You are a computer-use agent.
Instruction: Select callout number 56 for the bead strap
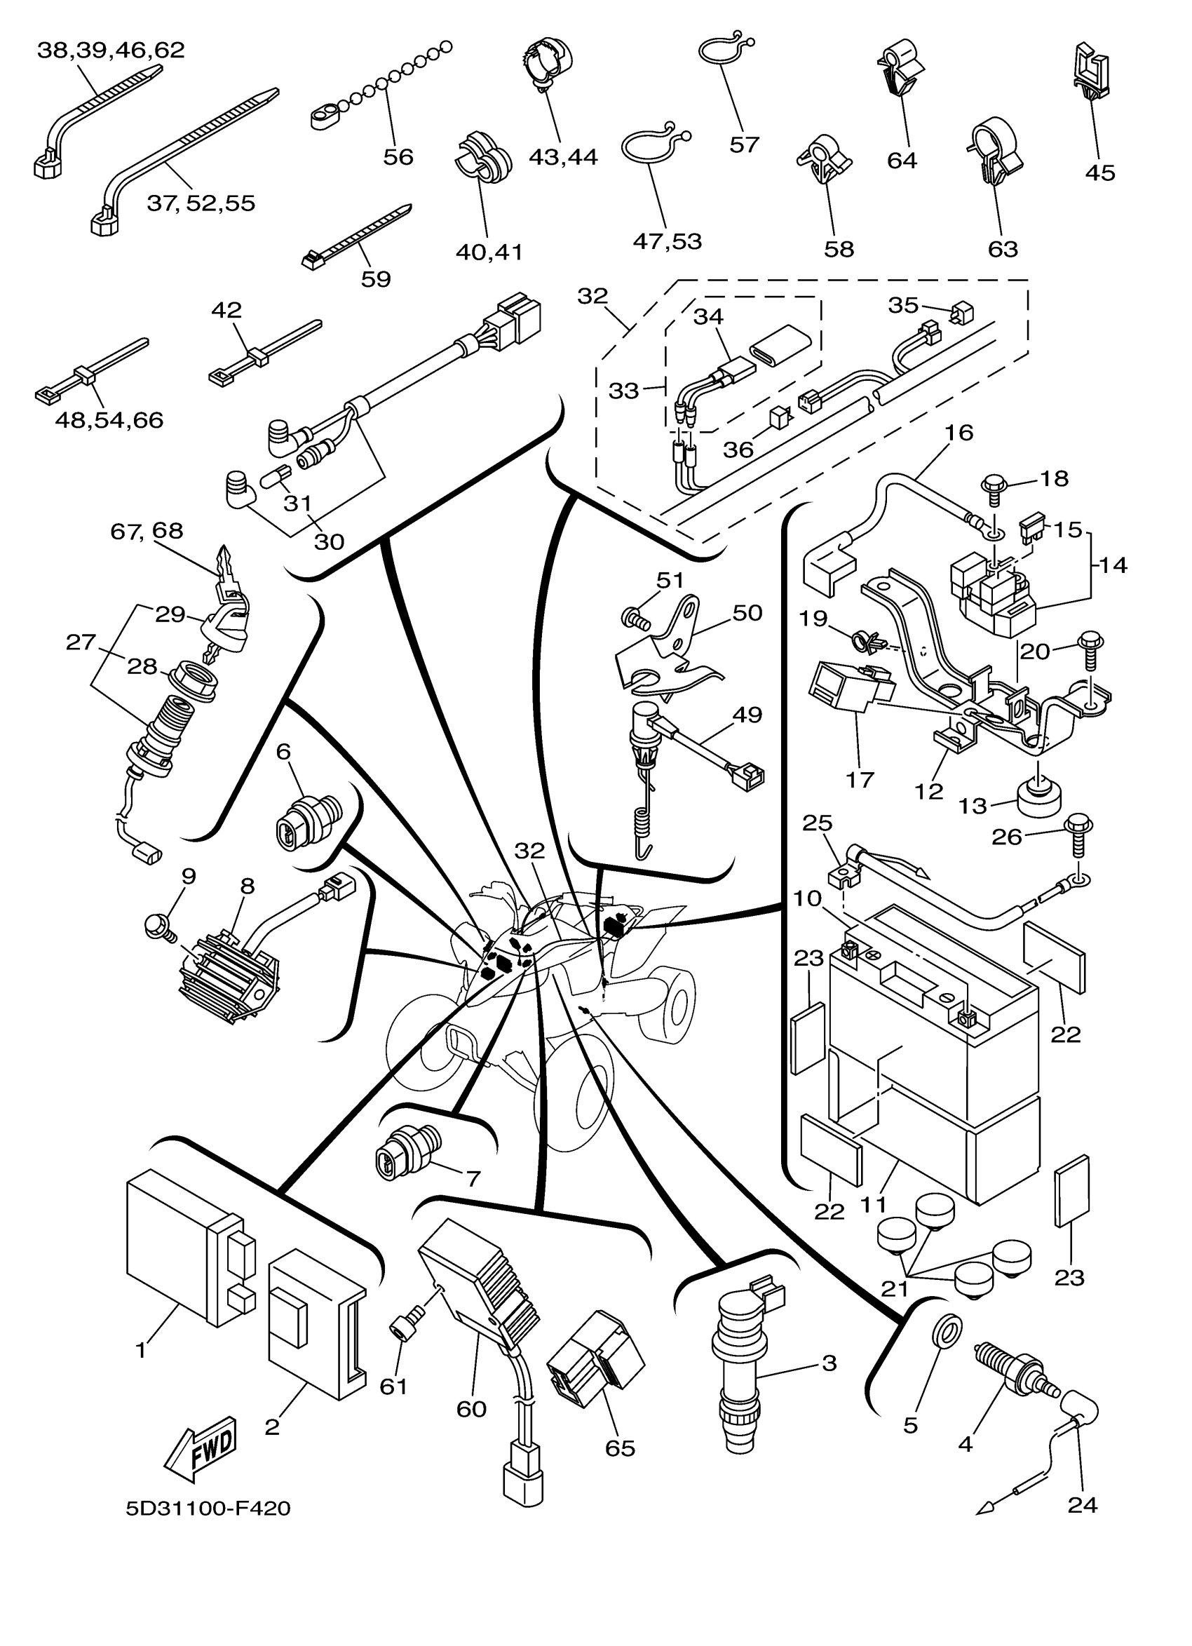tap(398, 157)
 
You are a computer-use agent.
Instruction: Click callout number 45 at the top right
tap(1099, 173)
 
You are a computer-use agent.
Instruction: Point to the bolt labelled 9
tap(156, 925)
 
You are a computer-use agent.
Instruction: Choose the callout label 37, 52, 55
tap(201, 203)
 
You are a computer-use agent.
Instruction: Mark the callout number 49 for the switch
tap(747, 715)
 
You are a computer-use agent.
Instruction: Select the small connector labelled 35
tap(963, 313)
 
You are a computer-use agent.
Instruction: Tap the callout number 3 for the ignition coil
tap(829, 1362)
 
